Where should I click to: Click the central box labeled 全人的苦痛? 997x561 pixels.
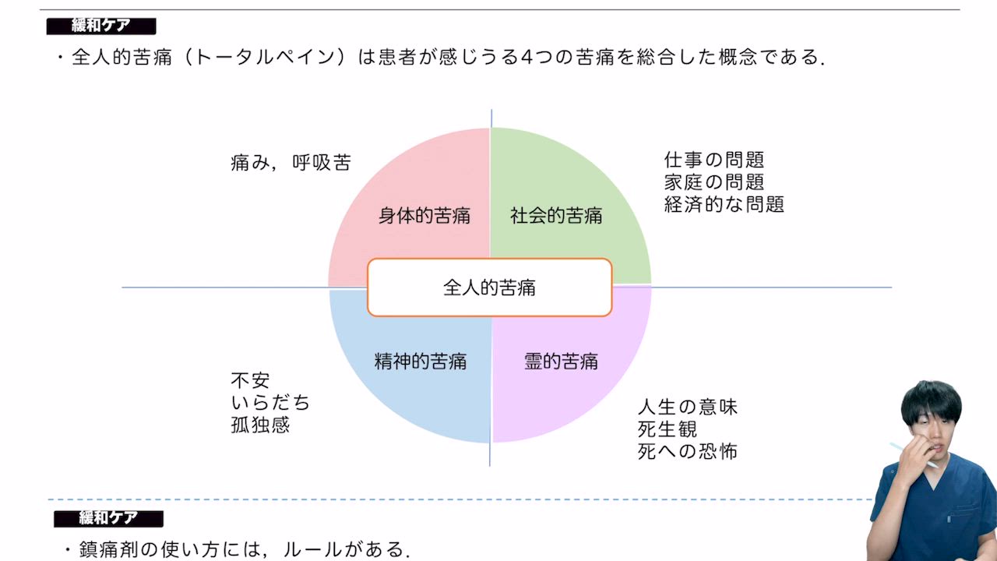489,288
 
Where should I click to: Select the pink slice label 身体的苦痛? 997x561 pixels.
424,216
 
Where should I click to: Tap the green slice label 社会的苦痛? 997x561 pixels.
556,216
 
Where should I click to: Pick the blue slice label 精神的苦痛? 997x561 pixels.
420,362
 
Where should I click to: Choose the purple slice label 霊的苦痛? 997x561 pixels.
561,362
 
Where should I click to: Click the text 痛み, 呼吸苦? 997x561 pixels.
291,162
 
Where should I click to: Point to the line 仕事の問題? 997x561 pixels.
713,161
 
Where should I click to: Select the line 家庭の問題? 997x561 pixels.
713,182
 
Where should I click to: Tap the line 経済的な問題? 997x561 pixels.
724,204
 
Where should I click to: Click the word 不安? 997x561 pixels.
250,381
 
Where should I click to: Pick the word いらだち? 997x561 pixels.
270,403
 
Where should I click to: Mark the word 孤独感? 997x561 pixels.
260,425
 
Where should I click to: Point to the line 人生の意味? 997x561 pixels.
687,407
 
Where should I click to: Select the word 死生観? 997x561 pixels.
667,429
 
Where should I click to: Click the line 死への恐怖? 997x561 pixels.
687,452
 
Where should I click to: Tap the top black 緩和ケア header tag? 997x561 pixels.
101,26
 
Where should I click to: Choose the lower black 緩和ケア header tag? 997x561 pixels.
108,518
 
